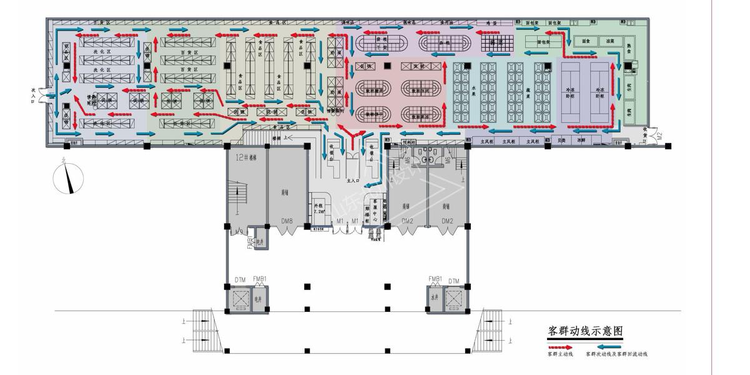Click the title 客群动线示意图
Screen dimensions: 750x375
585,331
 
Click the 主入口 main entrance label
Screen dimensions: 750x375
351,181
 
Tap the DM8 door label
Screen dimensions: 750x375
287,221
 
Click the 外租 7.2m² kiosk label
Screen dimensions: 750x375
318,208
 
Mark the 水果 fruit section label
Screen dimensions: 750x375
474,88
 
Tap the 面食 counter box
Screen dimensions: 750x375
585,42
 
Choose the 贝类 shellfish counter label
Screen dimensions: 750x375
561,141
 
